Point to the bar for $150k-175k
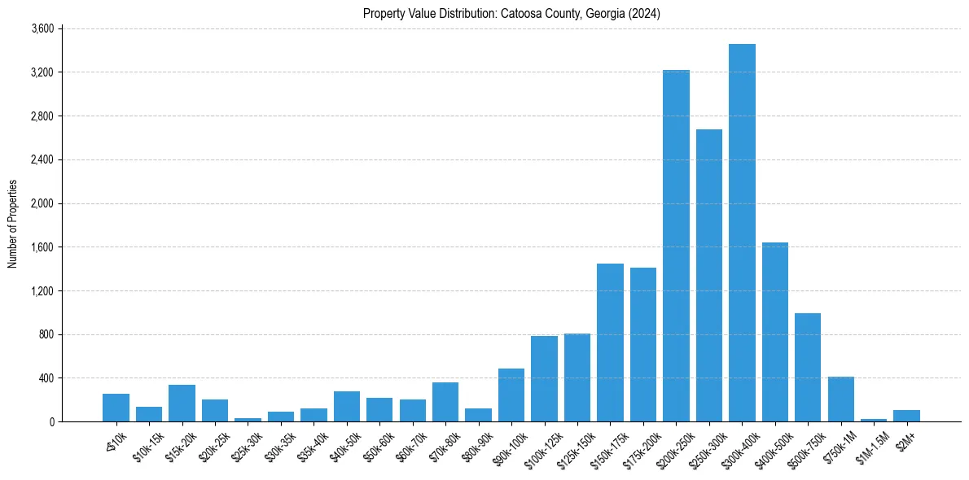click(x=610, y=343)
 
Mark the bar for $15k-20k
click(x=182, y=403)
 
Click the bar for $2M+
click(x=906, y=416)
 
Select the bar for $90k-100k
click(x=511, y=395)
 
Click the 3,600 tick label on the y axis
click(x=42, y=28)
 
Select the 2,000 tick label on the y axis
click(x=42, y=203)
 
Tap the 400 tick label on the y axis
click(x=46, y=378)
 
